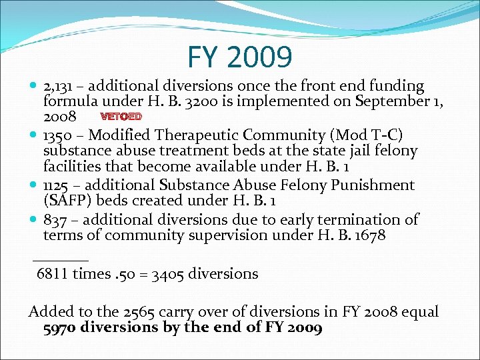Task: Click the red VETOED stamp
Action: pos(121,117)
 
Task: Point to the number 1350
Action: pos(59,135)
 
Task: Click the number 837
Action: pos(55,219)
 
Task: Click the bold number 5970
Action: pos(61,328)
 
